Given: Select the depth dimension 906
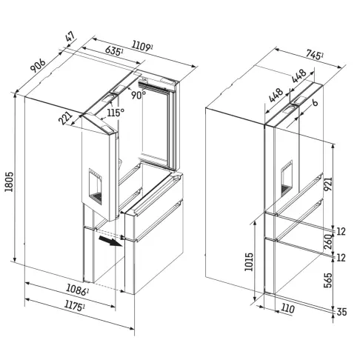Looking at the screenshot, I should [36, 66].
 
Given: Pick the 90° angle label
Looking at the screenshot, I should [139, 95].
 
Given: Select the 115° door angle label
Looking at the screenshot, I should [115, 112].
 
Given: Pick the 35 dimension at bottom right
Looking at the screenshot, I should [343, 313].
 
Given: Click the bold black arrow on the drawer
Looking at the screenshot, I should [110, 241].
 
